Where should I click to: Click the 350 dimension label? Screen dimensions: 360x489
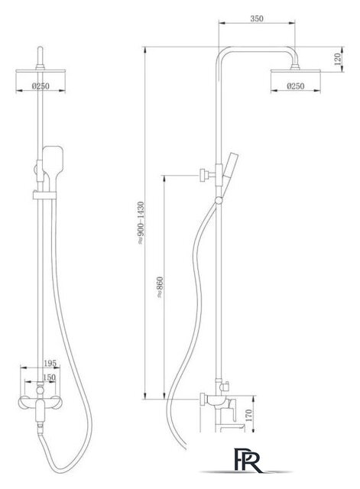(x=257, y=18)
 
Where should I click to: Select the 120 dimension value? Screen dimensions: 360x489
(x=338, y=60)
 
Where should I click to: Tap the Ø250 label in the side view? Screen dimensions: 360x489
(x=295, y=86)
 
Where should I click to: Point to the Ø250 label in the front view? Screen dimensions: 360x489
(x=41, y=86)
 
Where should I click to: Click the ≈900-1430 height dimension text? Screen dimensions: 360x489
(x=141, y=222)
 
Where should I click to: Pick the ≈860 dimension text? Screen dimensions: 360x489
(x=160, y=287)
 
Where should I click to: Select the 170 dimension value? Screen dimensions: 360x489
(x=248, y=416)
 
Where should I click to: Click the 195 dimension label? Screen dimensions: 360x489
(x=50, y=364)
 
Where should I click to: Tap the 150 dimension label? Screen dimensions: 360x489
(x=49, y=377)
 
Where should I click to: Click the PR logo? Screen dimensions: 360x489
(x=248, y=460)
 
